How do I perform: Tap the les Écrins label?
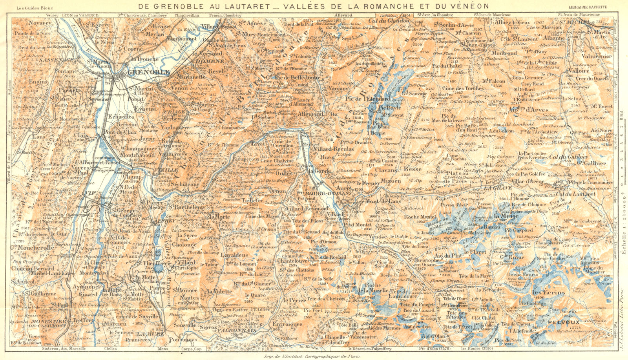point(548,293)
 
